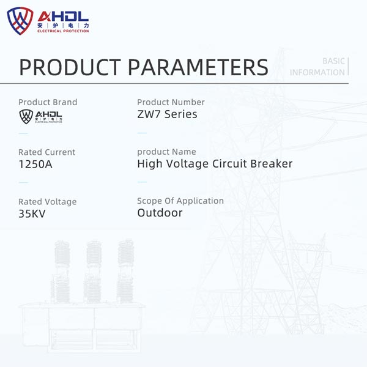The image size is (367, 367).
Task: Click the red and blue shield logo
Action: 20,21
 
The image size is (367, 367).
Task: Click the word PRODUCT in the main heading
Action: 70,67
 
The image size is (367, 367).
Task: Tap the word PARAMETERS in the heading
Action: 198,67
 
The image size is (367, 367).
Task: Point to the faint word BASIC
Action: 333,61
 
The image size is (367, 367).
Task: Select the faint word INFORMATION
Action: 317,72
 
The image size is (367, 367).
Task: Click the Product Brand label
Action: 48,102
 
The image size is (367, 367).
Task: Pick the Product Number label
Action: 171,102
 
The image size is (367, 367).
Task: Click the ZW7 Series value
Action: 167,114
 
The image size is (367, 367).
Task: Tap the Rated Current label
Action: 47,152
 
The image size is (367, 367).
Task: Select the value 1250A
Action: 35,164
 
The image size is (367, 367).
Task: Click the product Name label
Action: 166,152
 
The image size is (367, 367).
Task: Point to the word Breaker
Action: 272,163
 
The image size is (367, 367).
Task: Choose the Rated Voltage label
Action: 48,202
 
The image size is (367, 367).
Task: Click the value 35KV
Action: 32,213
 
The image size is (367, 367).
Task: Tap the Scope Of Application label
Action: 180,201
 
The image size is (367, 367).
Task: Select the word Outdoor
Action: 160,213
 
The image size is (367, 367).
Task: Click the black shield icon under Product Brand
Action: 26,116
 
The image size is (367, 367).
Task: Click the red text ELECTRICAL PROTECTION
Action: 63,31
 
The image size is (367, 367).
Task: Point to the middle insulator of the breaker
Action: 93,272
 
